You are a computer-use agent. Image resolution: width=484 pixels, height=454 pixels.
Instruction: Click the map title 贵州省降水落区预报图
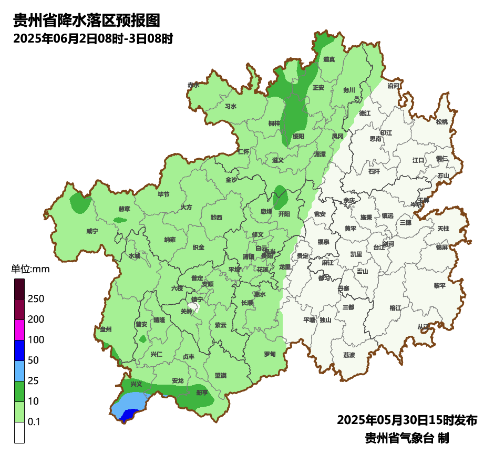tap(86, 20)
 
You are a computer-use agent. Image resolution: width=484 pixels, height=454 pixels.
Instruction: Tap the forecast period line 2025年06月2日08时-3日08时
tap(93, 38)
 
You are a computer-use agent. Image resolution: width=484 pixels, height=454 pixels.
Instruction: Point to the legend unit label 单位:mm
tap(30, 270)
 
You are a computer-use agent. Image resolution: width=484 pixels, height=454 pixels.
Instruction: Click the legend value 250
tap(36, 299)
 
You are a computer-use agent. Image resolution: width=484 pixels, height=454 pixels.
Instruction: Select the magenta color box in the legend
tap(19, 330)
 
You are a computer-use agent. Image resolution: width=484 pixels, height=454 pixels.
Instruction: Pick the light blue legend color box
tap(19, 371)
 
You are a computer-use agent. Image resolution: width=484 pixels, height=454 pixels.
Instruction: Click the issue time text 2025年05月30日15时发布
tap(407, 420)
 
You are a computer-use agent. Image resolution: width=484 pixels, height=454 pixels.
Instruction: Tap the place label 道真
tap(329, 59)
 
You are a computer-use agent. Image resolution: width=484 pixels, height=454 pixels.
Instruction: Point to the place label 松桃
tap(442, 122)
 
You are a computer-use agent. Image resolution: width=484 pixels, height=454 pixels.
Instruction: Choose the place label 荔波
tap(349, 355)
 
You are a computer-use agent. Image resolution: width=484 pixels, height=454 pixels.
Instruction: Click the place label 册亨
tap(202, 393)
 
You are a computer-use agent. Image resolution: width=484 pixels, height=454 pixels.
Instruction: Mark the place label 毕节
tap(163, 194)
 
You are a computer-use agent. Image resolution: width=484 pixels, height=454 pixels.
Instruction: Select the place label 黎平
tap(439, 286)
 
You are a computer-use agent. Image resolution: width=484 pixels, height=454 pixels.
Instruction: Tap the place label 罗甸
tap(270, 354)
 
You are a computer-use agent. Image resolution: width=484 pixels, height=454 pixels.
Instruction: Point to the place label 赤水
tap(193, 85)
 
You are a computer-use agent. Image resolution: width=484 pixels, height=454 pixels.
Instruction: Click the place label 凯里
tap(356, 254)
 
